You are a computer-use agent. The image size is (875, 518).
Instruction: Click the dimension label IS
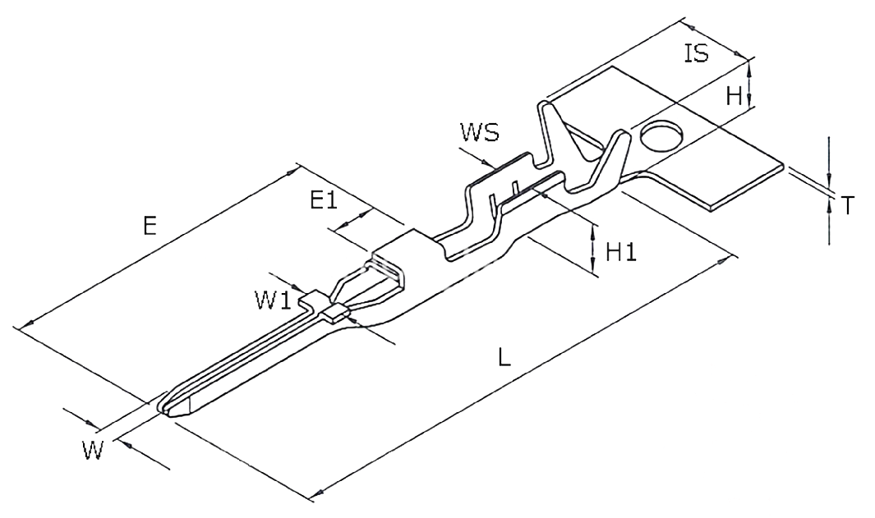tap(696, 54)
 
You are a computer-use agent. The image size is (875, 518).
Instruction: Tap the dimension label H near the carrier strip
tap(735, 97)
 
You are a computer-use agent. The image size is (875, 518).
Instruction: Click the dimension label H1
tap(622, 252)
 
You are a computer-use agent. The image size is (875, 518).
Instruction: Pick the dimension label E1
tap(324, 199)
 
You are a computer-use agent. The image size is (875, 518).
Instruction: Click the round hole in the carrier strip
tap(662, 135)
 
